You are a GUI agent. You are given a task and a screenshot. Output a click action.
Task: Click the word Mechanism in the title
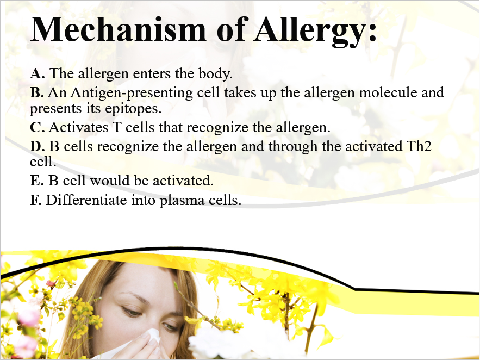[x=118, y=29]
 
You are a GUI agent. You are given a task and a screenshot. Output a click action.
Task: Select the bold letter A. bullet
[x=38, y=73]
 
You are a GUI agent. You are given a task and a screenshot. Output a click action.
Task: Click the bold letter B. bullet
[x=37, y=92]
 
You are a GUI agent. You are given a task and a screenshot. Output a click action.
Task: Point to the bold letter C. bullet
[x=38, y=127]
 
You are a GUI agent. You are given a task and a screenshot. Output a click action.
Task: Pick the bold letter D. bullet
[x=38, y=146]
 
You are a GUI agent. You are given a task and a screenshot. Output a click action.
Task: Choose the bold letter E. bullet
[x=37, y=181]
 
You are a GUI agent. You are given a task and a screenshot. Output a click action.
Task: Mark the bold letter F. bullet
[x=36, y=200]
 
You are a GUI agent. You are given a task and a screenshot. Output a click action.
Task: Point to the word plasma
[x=182, y=201]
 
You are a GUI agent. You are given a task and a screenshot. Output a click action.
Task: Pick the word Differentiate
[x=86, y=200]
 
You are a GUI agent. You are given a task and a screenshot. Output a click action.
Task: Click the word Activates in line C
[x=78, y=127]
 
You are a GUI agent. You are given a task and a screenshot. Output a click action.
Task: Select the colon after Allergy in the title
[x=372, y=33]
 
